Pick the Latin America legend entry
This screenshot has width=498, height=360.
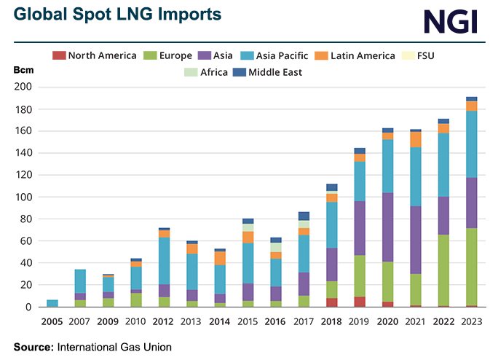[x=354, y=55]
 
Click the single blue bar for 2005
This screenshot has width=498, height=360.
[x=52, y=302]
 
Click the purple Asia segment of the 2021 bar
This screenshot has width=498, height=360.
[x=416, y=240]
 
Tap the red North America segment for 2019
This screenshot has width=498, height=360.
[x=360, y=301]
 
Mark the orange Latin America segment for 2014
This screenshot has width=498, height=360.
[x=219, y=257]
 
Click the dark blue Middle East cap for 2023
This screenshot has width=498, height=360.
[x=472, y=98]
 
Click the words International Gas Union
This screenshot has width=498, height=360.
[x=115, y=347]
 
